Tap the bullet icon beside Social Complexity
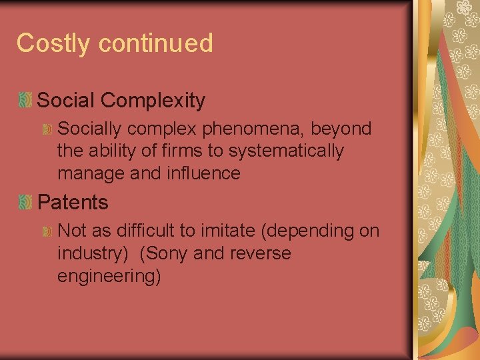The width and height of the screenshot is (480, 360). pos(25,101)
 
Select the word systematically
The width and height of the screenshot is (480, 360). pos(286,151)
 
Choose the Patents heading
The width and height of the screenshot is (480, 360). pos(73,201)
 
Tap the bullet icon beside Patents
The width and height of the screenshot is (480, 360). pos(25,201)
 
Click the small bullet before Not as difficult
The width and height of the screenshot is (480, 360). pos(47,231)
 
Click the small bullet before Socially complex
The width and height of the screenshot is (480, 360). pos(47,128)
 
